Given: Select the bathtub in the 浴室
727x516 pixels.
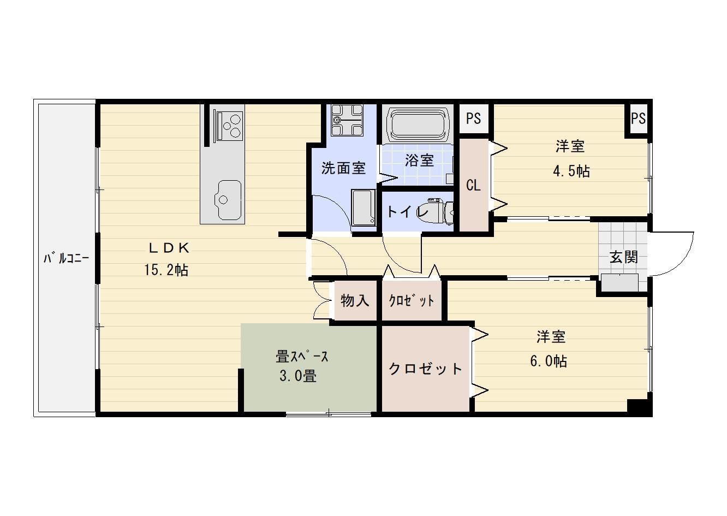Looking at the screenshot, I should coord(418,124).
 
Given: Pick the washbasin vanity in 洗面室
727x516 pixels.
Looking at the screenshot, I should coord(363,207).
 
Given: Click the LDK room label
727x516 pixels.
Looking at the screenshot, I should coord(169,248).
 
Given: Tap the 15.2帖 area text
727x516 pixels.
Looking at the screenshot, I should coord(166,270).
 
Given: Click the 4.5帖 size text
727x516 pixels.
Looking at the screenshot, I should coord(571,171).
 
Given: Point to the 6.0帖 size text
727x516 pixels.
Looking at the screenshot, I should coord(549,361).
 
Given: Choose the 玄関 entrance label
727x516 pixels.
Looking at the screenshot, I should coord(623,257).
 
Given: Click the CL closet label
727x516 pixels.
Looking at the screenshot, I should coord(473,186).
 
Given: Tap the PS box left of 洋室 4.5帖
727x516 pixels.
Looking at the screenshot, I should coord(473,118).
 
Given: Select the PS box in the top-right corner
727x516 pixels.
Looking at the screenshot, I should coord(638,118).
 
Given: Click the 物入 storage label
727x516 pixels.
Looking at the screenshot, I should coord(355,300).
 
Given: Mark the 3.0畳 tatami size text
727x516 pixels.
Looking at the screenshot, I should coord(298,376).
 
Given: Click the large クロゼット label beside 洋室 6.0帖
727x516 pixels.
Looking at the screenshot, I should coord(425,369).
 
